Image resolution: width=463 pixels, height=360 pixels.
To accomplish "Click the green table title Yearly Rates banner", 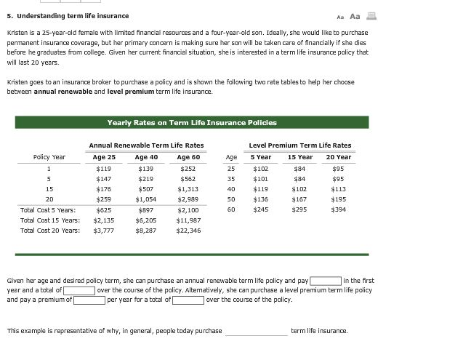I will (x=191, y=123).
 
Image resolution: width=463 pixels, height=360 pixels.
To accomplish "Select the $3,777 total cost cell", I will (x=105, y=231).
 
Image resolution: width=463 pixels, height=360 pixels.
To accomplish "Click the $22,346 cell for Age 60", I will (x=188, y=231).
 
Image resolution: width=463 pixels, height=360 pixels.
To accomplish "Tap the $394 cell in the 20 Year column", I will (x=338, y=209).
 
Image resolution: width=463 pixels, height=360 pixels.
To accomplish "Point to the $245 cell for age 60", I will (x=261, y=209).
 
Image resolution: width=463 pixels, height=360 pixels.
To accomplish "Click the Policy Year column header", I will (x=49, y=157).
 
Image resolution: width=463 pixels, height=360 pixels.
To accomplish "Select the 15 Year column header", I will (x=299, y=157).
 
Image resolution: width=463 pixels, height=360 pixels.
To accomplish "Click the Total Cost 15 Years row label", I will (x=50, y=220).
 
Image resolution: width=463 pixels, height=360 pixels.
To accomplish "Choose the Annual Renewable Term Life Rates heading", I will (x=146, y=145).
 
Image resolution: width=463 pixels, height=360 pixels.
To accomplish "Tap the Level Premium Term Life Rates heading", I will (x=299, y=145).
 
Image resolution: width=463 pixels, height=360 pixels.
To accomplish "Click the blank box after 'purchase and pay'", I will (x=325, y=281).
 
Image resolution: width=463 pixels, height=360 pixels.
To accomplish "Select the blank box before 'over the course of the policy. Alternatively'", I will (x=79, y=290).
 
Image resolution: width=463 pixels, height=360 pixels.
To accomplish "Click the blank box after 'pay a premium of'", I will (x=89, y=300).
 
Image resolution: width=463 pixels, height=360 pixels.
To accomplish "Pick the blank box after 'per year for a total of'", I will (x=188, y=300).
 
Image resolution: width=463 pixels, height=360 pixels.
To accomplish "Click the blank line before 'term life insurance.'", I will (x=256, y=332).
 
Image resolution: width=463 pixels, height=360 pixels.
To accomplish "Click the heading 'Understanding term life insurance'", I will (x=68, y=16).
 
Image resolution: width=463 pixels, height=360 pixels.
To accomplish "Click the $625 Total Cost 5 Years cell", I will (x=105, y=209).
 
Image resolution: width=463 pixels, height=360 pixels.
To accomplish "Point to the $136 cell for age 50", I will (x=261, y=199).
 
